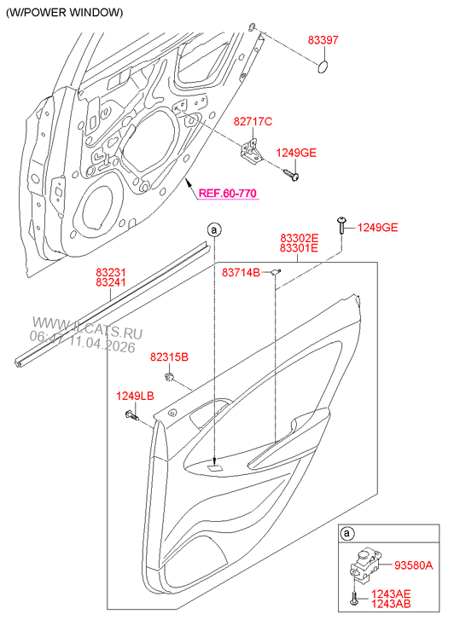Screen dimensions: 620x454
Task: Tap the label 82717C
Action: pos(253,122)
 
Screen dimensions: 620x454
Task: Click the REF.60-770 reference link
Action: pos(227,194)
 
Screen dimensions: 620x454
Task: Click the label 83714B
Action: pos(241,272)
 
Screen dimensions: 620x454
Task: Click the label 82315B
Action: pos(170,356)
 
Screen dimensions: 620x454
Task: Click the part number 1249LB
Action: pos(135,396)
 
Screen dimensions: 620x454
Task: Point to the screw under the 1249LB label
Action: pos(132,415)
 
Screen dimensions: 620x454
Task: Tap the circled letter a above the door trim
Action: pos(214,229)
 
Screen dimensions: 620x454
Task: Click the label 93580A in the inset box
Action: pos(413,565)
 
